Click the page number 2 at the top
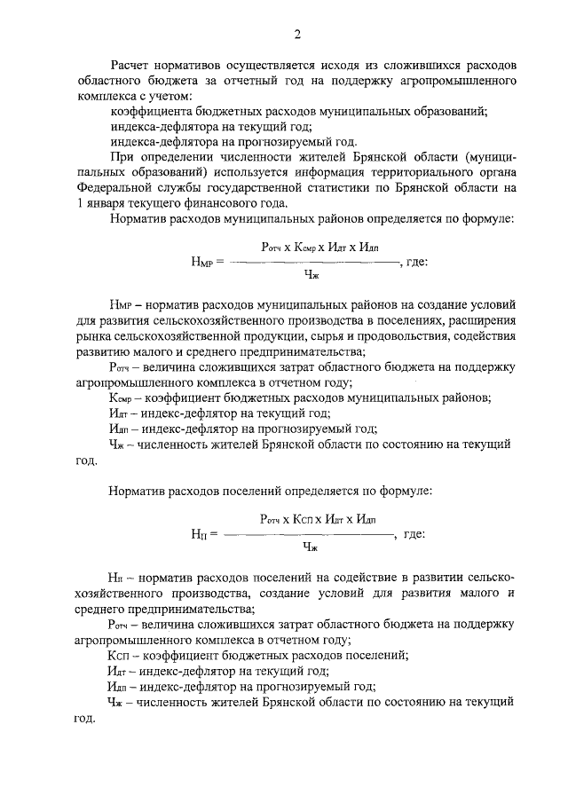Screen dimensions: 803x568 coord(298,35)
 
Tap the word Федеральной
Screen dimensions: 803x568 coord(114,187)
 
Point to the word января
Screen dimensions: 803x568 coord(109,202)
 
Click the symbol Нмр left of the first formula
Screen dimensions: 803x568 coord(201,263)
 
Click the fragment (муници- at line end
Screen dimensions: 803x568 coord(485,157)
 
